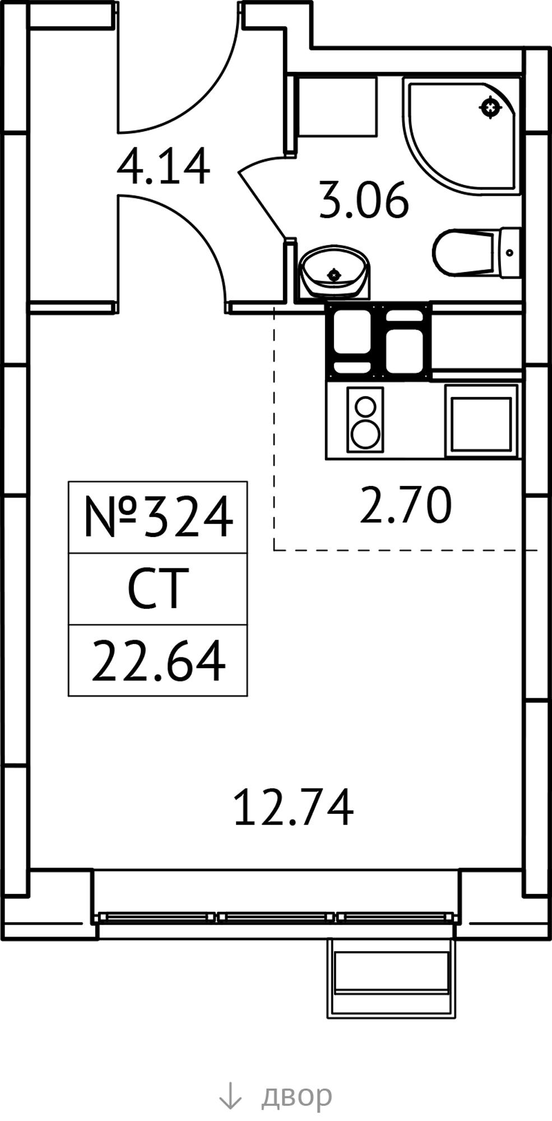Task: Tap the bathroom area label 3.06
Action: pos(364,200)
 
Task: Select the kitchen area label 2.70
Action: pos(405,505)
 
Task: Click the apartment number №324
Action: pos(157,517)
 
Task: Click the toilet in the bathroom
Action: pos(476,252)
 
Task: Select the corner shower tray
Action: pos(461,136)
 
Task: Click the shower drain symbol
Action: pos(490,107)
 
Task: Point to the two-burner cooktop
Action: pos(365,419)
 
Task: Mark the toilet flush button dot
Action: pos(509,253)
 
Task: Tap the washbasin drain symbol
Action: pos(335,275)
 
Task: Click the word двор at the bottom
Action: pos(296,1095)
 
